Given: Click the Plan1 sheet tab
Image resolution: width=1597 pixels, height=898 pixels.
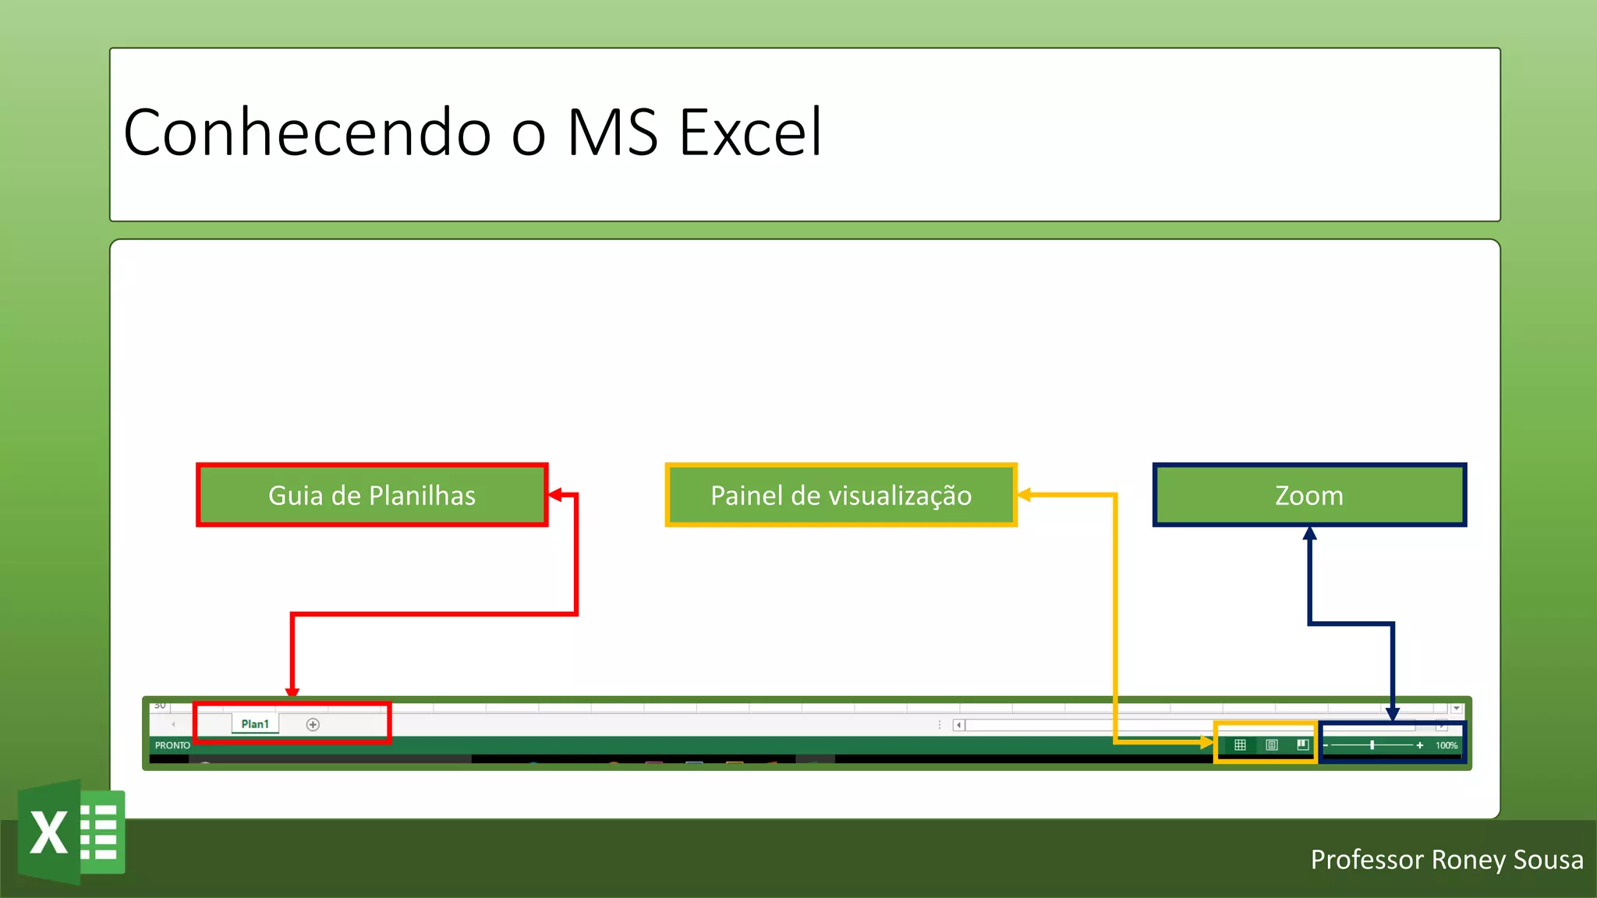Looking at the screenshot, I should pyautogui.click(x=255, y=724).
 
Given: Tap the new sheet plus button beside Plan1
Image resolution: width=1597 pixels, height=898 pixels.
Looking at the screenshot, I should pyautogui.click(x=313, y=725).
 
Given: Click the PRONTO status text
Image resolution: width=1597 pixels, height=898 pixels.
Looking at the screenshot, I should pyautogui.click(x=172, y=745).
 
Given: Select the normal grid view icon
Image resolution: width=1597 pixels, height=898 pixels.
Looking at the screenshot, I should pyautogui.click(x=1240, y=745).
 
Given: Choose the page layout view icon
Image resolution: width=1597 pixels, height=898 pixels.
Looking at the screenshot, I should pyautogui.click(x=1272, y=745).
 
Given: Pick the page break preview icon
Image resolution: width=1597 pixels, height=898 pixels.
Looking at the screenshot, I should pyautogui.click(x=1302, y=745).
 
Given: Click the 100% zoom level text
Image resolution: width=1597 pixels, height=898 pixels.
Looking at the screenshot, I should pyautogui.click(x=1447, y=746).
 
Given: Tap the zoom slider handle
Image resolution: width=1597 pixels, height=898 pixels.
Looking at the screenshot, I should pyautogui.click(x=1372, y=745).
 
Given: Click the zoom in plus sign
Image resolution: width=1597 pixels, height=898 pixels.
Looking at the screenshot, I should pyautogui.click(x=1420, y=745).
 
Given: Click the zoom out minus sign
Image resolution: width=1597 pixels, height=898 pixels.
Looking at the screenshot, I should pyautogui.click(x=1326, y=746).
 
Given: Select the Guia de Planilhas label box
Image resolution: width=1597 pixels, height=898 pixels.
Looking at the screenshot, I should pyautogui.click(x=372, y=495).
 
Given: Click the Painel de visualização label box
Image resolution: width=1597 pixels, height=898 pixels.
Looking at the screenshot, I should pyautogui.click(x=841, y=495).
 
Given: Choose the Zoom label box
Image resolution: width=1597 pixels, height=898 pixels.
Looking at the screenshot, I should pyautogui.click(x=1309, y=495).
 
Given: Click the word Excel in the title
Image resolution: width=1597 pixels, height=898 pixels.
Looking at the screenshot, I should pyautogui.click(x=750, y=133).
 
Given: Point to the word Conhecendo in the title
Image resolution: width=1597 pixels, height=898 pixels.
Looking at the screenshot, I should pyautogui.click(x=307, y=133).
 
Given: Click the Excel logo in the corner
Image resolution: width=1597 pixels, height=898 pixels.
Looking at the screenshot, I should pyautogui.click(x=72, y=831).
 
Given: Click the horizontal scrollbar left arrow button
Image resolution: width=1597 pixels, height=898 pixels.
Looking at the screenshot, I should pyautogui.click(x=959, y=725).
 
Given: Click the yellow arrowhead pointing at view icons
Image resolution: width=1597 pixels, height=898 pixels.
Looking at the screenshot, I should pyautogui.click(x=1207, y=742).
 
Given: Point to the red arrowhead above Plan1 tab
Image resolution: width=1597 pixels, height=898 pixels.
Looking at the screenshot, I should pyautogui.click(x=292, y=691).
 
